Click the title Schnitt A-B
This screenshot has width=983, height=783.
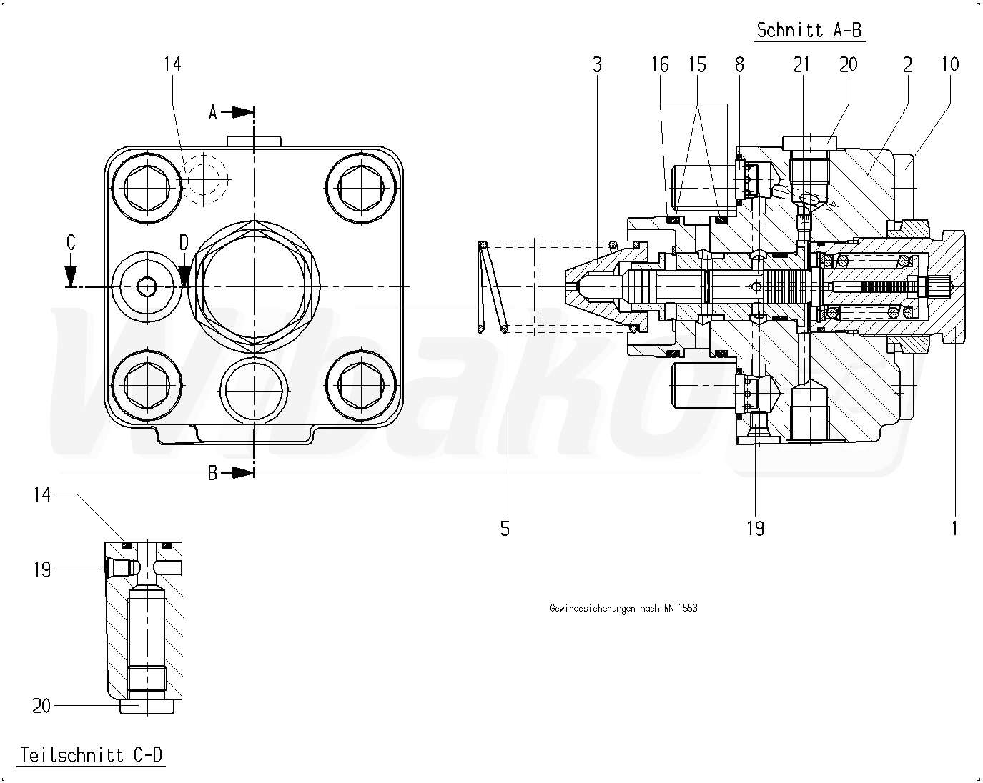810,30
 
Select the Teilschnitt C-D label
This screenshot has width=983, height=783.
92,754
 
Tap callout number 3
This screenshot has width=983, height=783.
598,65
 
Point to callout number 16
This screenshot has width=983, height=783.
660,65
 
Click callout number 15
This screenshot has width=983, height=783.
697,65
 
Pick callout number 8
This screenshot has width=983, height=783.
739,65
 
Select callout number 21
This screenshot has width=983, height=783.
801,65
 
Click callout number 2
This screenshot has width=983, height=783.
907,65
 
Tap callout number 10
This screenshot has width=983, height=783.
949,65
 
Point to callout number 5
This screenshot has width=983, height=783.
505,529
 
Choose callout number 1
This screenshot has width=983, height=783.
954,529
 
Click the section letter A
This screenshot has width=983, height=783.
213,112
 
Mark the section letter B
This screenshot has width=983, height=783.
213,473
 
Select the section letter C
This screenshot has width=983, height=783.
71,243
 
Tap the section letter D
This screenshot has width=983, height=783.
184,243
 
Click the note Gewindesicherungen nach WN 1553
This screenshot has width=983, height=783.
623,608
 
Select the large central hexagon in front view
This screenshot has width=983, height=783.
253,286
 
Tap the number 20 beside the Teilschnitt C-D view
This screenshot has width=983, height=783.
41,706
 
